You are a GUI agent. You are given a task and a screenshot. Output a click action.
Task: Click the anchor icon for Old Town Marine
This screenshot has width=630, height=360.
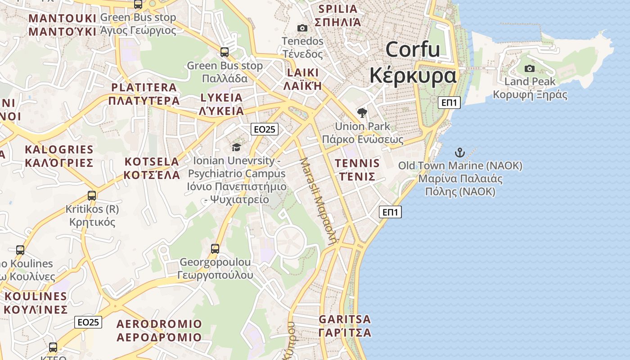coord(460,152)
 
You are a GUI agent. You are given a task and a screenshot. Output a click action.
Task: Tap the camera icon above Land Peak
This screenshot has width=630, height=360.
coord(530,68)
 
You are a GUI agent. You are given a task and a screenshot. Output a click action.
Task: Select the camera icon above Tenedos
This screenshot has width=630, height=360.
coord(302,28)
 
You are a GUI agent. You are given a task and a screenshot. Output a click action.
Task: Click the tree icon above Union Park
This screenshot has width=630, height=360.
coord(362,112)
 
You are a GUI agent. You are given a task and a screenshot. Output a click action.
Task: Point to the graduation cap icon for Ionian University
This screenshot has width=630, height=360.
coord(236,147)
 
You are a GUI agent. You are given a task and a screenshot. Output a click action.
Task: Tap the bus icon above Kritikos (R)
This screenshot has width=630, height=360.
coord(92,196)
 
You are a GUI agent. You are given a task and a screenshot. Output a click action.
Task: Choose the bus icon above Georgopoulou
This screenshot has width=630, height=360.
coord(215,248)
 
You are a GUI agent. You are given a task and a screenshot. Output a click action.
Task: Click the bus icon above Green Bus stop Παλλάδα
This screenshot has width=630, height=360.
coord(225,52)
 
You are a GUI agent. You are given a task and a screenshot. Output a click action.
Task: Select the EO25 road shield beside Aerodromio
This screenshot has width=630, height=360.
coord(88,322)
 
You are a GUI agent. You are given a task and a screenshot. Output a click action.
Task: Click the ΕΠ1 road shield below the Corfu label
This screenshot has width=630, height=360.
coord(449,103)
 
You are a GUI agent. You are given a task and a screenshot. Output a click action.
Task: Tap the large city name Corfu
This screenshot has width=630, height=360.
coord(413,49)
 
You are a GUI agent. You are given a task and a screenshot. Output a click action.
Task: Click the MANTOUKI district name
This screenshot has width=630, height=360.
coord(63,18)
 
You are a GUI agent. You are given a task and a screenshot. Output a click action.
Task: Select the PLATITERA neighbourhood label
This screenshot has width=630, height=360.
coord(144,87)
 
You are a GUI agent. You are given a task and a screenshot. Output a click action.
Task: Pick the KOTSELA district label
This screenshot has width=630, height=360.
coord(152,162)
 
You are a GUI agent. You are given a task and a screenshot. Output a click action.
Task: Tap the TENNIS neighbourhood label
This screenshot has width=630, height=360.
coord(357,163)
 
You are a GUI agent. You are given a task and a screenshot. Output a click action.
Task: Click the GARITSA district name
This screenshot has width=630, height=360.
coord(345,319)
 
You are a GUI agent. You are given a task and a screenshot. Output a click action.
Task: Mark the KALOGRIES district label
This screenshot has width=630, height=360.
coord(59,150)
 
